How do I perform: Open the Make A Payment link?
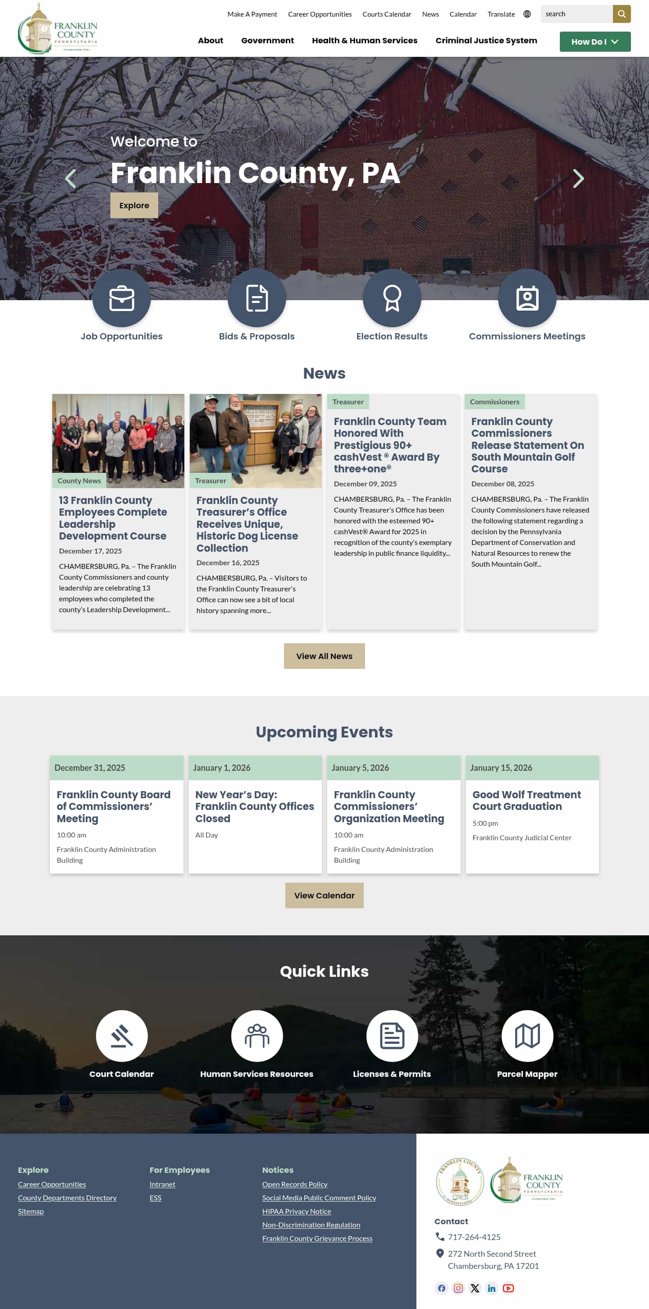coord(252,14)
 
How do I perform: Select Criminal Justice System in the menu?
coord(486,41)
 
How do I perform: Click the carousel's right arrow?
coord(578,178)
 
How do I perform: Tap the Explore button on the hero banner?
coord(134,205)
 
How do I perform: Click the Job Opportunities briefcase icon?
coord(122,298)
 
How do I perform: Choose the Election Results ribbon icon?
coord(392,298)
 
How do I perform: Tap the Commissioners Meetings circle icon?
coord(527,298)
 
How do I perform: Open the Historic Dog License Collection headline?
coord(247,524)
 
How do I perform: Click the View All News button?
coord(324,656)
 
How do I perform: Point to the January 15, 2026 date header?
coord(501,768)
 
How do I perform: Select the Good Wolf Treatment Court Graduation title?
coord(526,801)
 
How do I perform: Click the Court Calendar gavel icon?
coord(122,1035)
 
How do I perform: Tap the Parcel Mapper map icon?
coord(527,1035)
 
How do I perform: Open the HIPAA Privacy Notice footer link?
coord(296,1212)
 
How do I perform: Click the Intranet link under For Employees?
coord(162,1185)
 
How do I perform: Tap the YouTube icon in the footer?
coord(508,1288)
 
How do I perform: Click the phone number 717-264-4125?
coord(474,1237)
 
